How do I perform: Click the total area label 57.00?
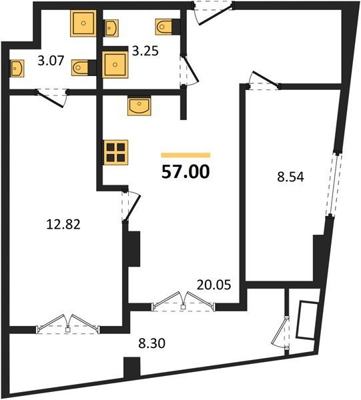186,172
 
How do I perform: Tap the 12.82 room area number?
63,225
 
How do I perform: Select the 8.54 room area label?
290,177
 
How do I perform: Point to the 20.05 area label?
214,285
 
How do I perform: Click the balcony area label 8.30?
151,343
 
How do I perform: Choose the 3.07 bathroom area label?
51,61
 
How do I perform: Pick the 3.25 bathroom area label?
145,51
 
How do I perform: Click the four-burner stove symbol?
115,152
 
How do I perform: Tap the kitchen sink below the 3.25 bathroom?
139,105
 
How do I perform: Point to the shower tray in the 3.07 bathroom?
83,23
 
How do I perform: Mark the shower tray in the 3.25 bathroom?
115,65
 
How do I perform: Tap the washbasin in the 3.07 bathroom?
17,68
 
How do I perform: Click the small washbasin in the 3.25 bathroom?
111,27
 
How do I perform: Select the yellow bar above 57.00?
186,155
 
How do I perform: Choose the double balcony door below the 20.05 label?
183,301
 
